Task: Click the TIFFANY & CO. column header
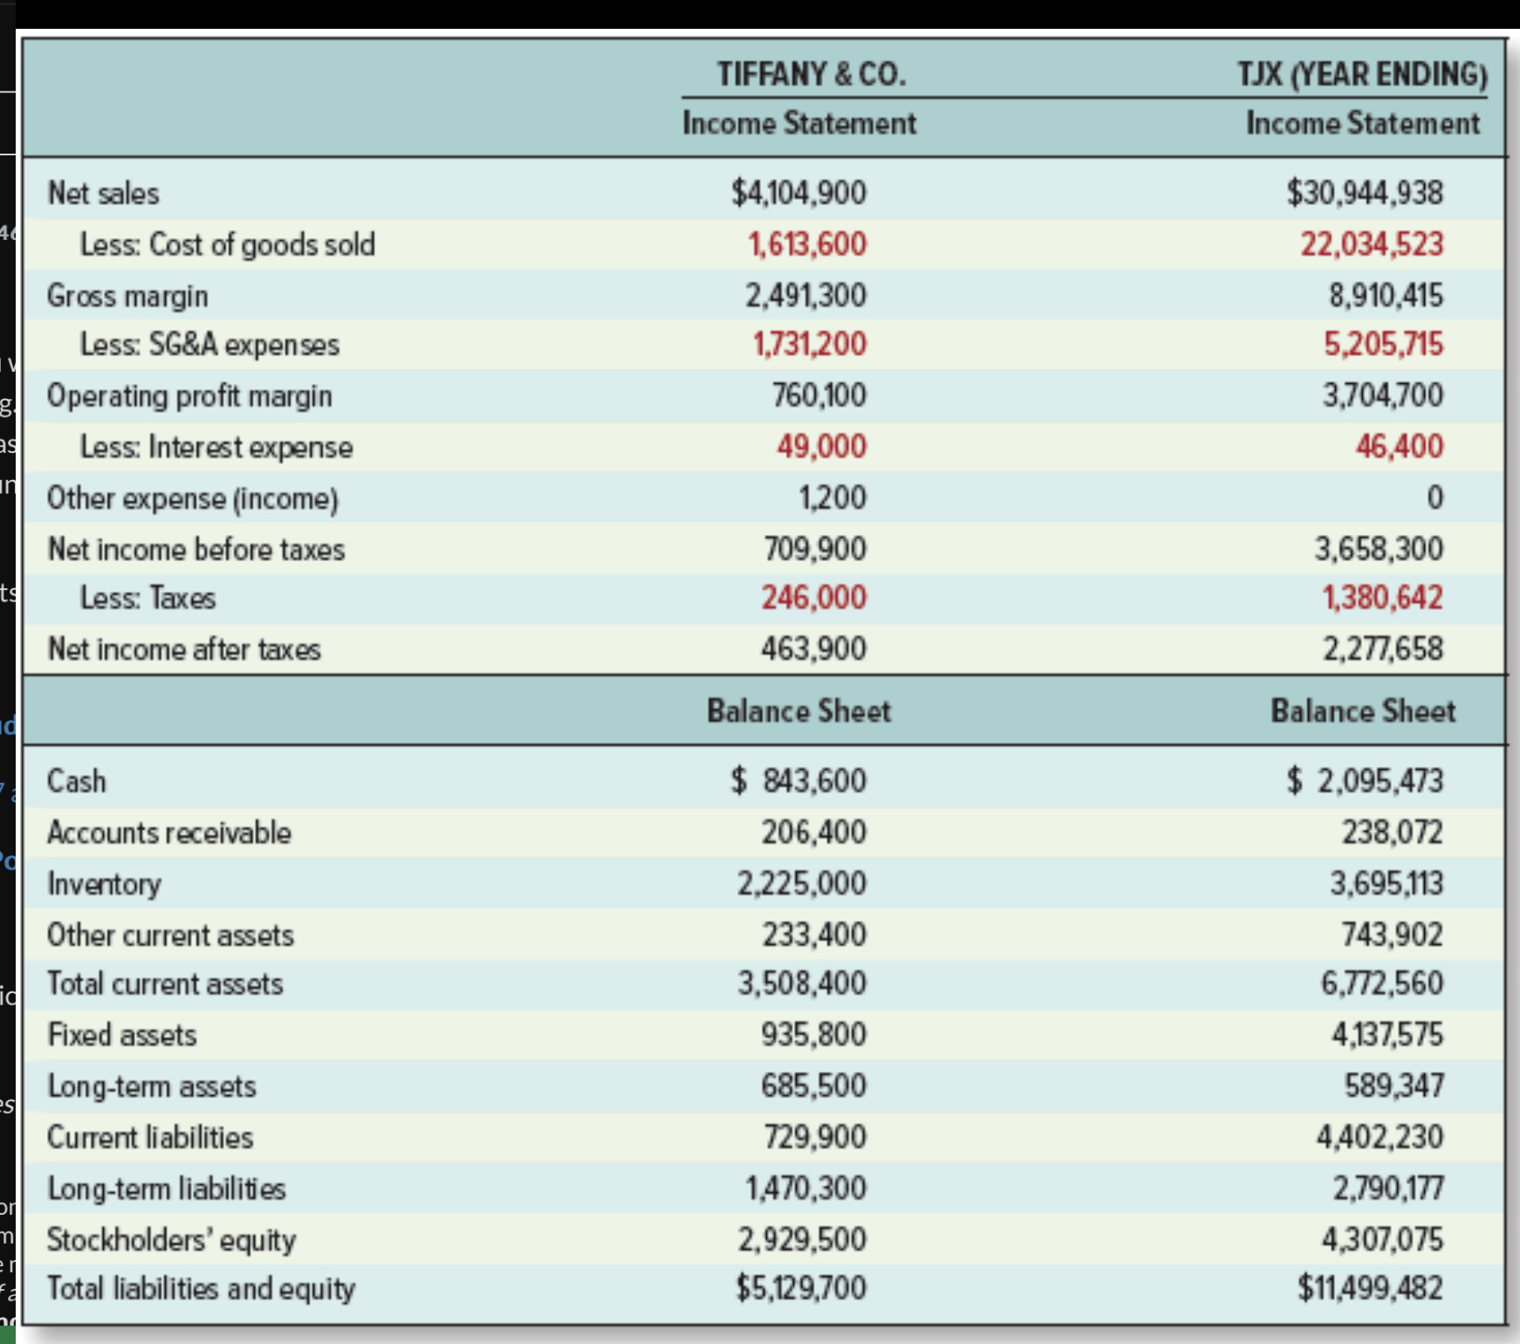pos(811,74)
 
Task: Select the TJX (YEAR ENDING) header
pos(1362,74)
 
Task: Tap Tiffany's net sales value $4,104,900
pos(798,193)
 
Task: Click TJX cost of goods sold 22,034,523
pos(1372,244)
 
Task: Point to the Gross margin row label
pos(127,296)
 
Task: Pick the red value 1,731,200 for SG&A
pos(810,344)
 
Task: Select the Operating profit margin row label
pos(189,395)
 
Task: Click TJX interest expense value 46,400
pos(1399,446)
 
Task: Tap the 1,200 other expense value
pos(832,497)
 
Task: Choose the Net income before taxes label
pos(196,549)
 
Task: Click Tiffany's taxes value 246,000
pos(813,598)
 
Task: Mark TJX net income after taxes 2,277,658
pos(1382,648)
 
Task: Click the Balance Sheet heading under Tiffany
pos(798,710)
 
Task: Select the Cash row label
pos(77,780)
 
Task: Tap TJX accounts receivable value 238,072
pos(1392,832)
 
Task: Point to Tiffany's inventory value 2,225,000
pos(802,883)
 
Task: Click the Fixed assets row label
pos(122,1034)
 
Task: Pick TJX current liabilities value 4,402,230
pos(1380,1136)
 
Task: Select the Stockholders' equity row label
pos(171,1239)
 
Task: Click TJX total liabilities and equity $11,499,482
pos(1369,1287)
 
